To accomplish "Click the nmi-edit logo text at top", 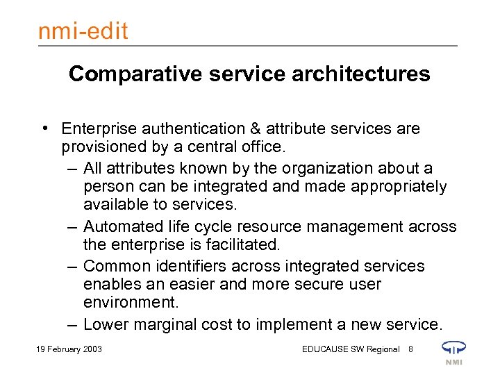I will pyautogui.click(x=83, y=31).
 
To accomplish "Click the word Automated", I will pyautogui.click(x=119, y=227).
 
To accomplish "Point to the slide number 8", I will pyautogui.click(x=411, y=349).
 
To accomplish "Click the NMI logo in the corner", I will pyautogui.click(x=453, y=351).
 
